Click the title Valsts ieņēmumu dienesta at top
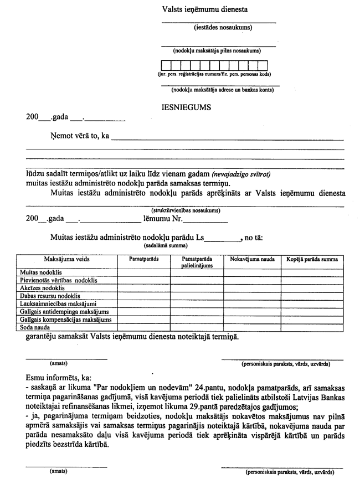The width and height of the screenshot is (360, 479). pyautogui.click(x=205, y=9)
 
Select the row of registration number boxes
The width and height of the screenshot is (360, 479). pyautogui.click(x=214, y=65)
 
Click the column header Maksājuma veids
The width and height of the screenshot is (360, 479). pyautogui.click(x=66, y=259)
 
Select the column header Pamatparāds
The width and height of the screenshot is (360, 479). pyautogui.click(x=143, y=259)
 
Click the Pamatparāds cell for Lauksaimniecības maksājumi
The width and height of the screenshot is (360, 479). pyautogui.click(x=143, y=304)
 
